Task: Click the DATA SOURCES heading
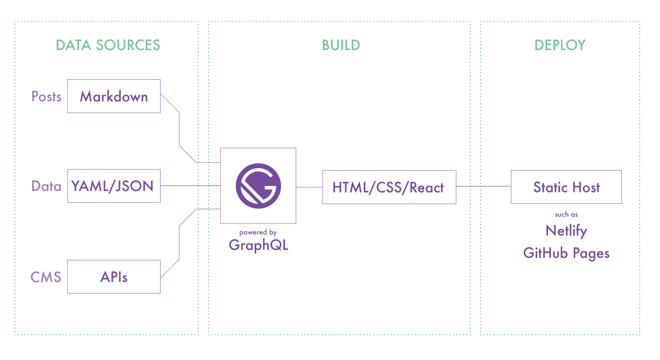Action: pyautogui.click(x=108, y=45)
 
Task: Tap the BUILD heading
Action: pyautogui.click(x=341, y=45)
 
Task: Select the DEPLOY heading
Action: pyautogui.click(x=560, y=45)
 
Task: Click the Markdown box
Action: pyautogui.click(x=114, y=96)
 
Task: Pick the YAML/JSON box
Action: pyautogui.click(x=114, y=186)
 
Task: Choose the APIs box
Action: pyautogui.click(x=114, y=277)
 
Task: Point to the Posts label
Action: pyautogui.click(x=46, y=96)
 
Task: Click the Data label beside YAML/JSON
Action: pyautogui.click(x=46, y=186)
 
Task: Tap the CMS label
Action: pyautogui.click(x=46, y=277)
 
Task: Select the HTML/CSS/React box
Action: pyautogui.click(x=389, y=187)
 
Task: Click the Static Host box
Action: pyautogui.click(x=566, y=186)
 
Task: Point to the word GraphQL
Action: pyautogui.click(x=259, y=245)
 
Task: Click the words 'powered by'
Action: pyautogui.click(x=258, y=233)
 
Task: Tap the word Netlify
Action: pyautogui.click(x=566, y=231)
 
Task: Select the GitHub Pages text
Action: pyautogui.click(x=566, y=253)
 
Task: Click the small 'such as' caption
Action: pyautogui.click(x=566, y=214)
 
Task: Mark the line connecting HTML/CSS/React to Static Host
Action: pyautogui.click(x=484, y=186)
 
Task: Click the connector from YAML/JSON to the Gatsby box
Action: pyautogui.click(x=190, y=186)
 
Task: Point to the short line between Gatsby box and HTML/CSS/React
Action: pyautogui.click(x=309, y=187)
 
